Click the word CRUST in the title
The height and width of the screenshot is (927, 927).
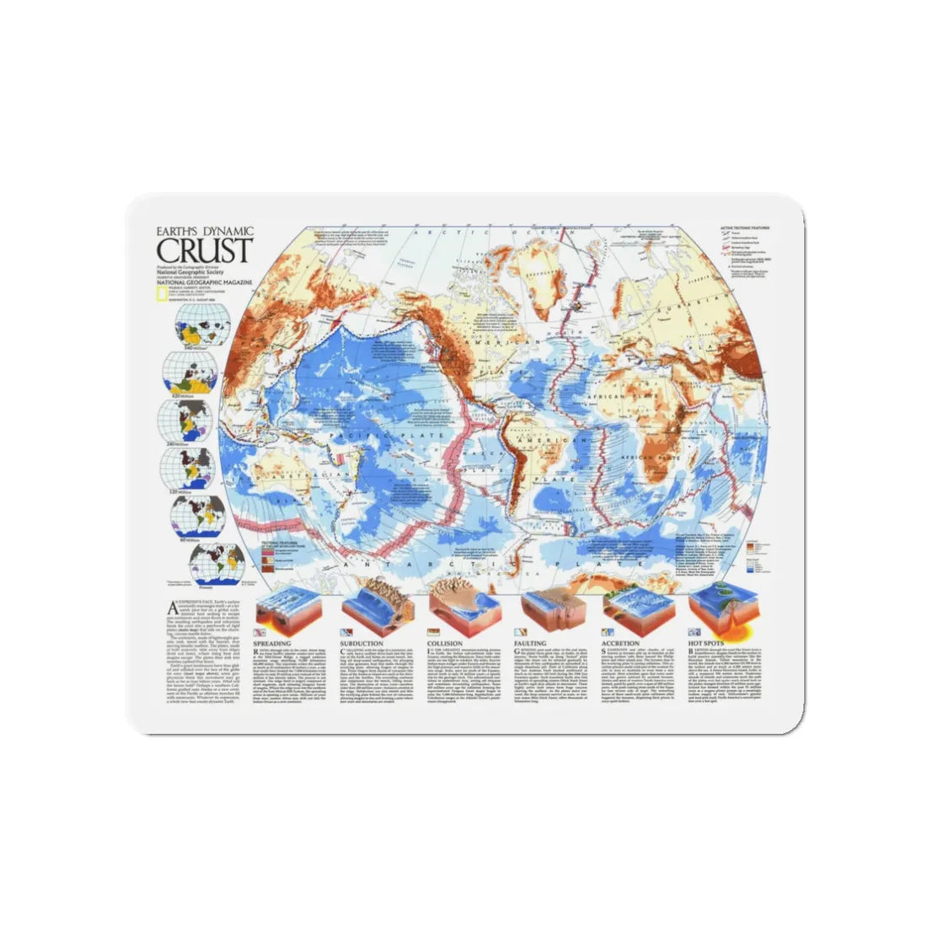tap(203, 250)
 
